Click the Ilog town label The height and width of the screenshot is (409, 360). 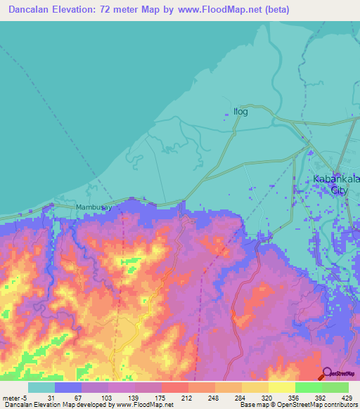click(x=240, y=111)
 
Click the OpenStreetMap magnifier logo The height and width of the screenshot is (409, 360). click(x=328, y=373)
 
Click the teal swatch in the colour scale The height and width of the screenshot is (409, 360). click(x=41, y=387)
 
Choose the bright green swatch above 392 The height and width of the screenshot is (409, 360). click(x=308, y=387)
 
